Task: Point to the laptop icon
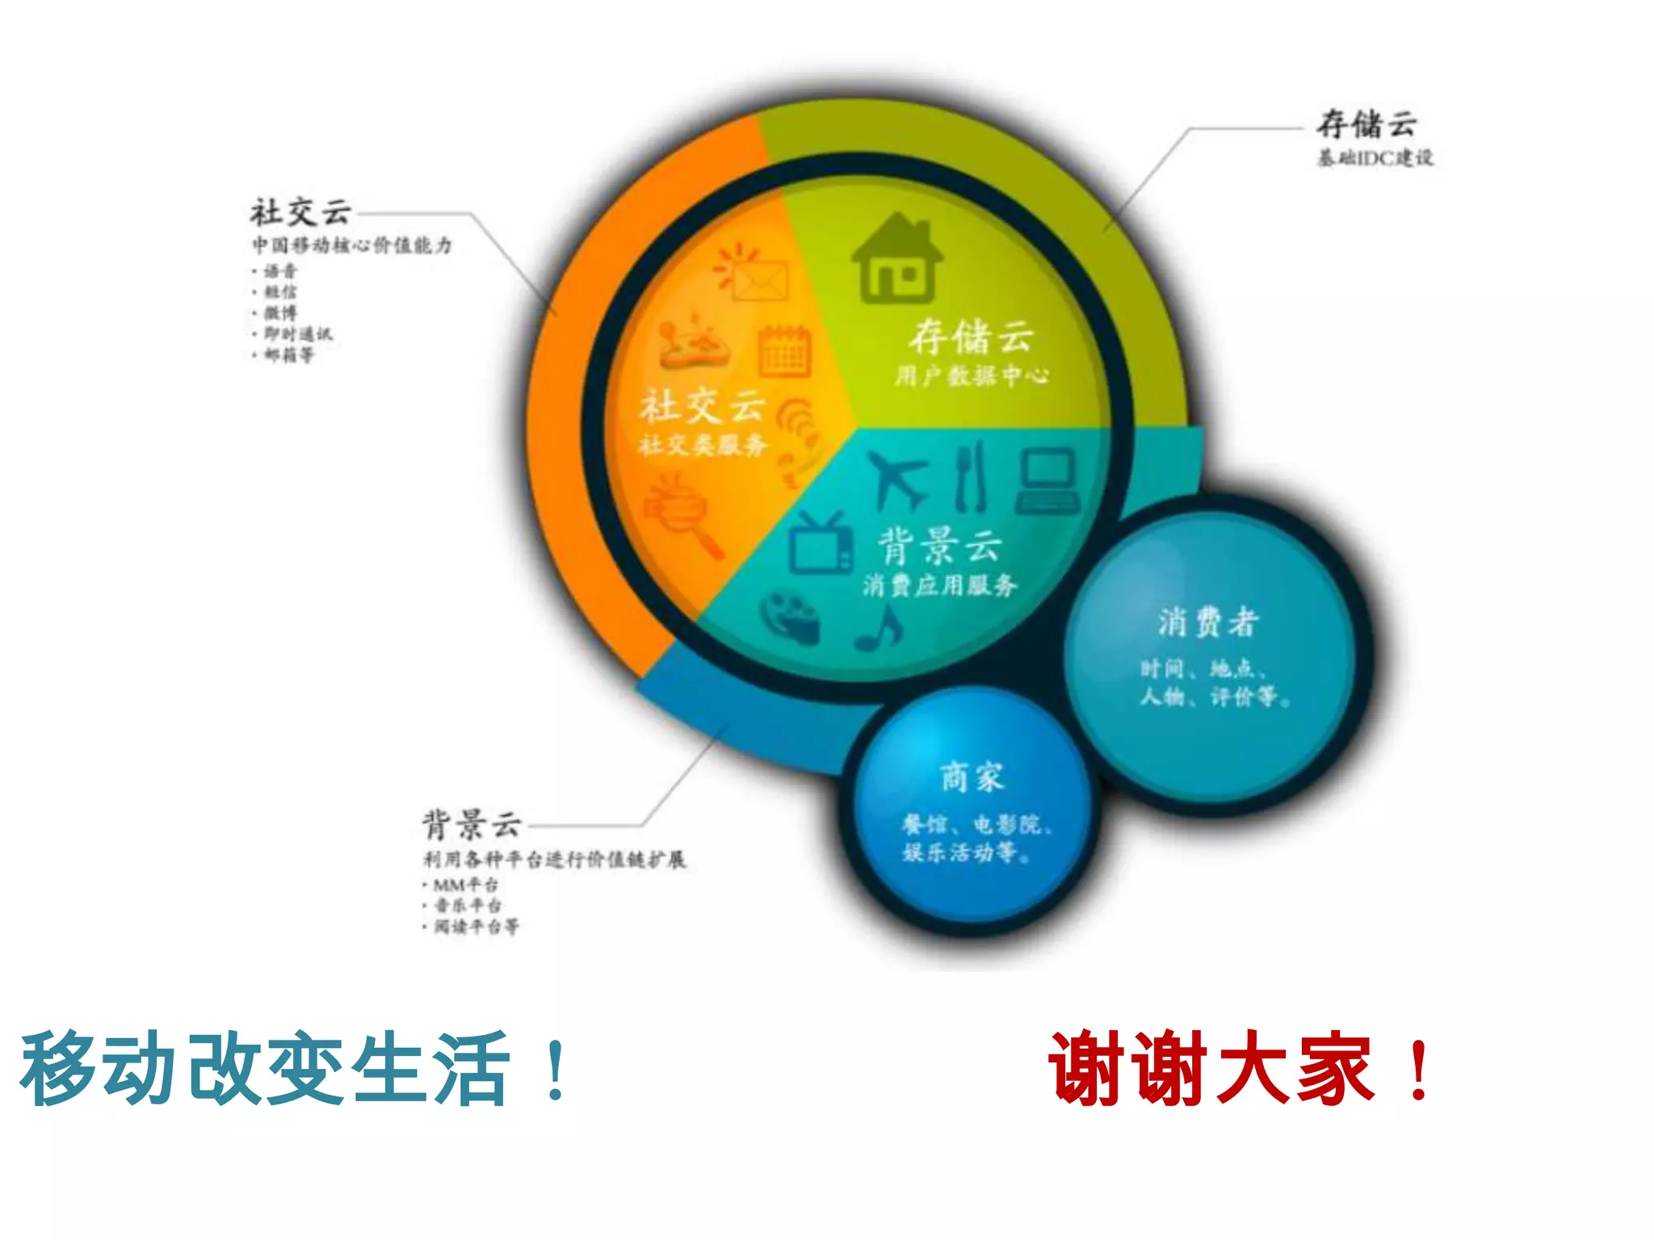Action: (1047, 480)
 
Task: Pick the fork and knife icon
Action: (970, 476)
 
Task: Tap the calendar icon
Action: (784, 351)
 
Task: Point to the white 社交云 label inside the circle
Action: (702, 406)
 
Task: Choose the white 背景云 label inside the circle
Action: (940, 546)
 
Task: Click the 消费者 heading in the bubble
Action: (1208, 622)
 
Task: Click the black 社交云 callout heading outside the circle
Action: (300, 212)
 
